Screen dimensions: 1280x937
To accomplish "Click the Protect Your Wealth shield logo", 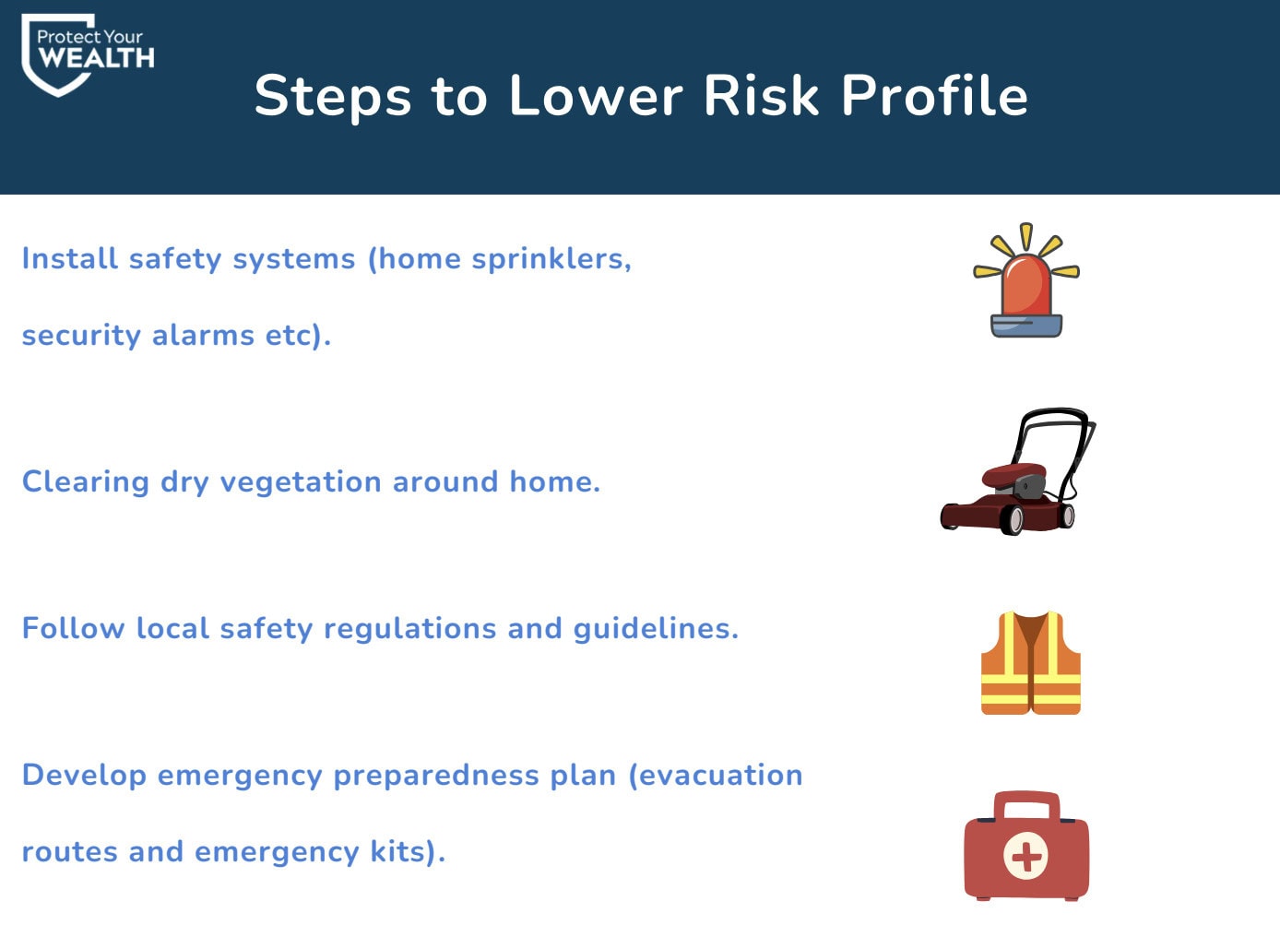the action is pos(87,54).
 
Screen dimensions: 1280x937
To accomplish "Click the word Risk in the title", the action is pos(761,95).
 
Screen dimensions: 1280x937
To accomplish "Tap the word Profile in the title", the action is pos(934,95).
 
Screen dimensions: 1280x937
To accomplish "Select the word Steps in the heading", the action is pos(333,99).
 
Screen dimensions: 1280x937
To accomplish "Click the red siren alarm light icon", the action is pos(1026,280).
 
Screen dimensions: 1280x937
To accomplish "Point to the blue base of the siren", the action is pos(1026,326).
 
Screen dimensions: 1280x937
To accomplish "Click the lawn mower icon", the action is pos(1018,471).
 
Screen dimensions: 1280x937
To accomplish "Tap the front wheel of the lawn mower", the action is pos(1013,520).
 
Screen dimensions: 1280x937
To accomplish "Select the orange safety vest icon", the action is pos(1030,663).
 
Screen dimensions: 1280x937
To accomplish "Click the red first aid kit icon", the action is pos(1026,846).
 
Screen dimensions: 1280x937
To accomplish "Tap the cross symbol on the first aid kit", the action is pos(1025,855).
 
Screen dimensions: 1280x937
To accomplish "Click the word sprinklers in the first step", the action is pos(551,259).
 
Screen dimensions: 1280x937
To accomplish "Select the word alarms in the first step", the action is pos(203,336).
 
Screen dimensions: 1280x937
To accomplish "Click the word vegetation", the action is pos(301,483).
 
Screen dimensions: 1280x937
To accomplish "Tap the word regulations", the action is pos(409,629).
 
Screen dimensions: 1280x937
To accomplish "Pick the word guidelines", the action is pos(656,629).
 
